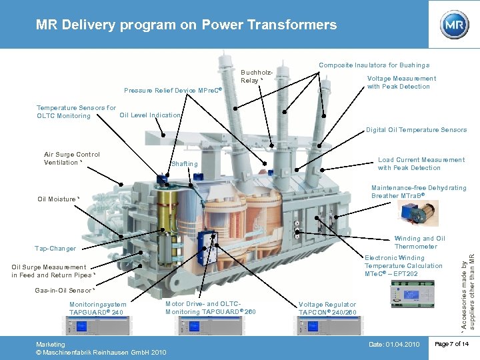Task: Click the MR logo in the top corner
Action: click(454, 25)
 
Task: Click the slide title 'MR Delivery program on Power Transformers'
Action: click(187, 25)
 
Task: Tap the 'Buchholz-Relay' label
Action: click(257, 76)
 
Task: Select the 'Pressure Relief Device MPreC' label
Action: click(173, 90)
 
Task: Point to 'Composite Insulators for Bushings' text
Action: click(374, 65)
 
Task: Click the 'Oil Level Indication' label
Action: click(150, 115)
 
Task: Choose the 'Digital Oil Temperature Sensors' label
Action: click(416, 130)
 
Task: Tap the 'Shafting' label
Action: click(185, 164)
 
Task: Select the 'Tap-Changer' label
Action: click(55, 249)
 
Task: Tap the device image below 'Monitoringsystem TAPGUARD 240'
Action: click(96, 326)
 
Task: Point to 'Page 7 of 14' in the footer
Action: click(452, 343)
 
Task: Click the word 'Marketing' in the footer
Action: click(51, 345)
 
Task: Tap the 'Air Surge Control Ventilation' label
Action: click(72, 159)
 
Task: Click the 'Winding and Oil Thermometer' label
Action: click(419, 243)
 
